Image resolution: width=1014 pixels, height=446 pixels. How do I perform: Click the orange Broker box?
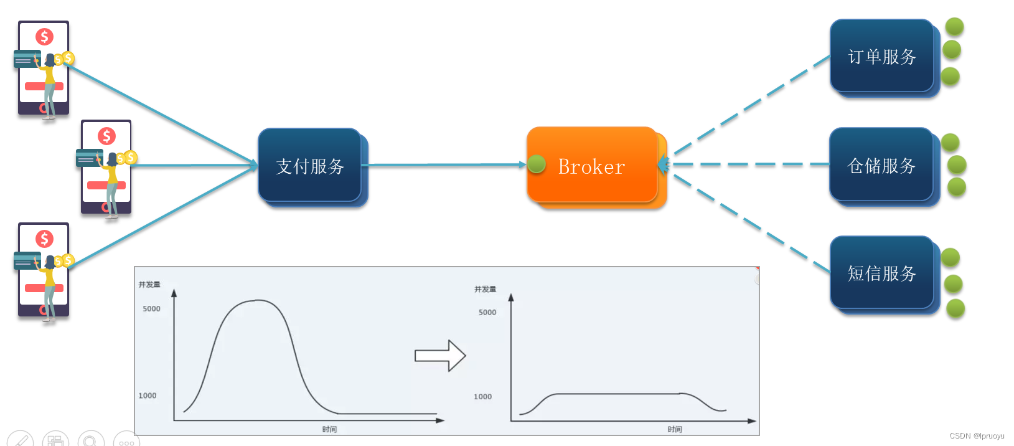click(591, 166)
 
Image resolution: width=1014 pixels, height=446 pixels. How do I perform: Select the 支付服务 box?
click(310, 166)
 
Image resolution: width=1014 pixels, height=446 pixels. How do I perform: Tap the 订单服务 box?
click(881, 57)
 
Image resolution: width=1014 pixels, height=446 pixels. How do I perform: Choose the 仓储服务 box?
click(881, 165)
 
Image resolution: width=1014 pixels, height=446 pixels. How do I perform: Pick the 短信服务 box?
click(881, 273)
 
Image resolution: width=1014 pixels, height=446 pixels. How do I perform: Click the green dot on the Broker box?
click(537, 164)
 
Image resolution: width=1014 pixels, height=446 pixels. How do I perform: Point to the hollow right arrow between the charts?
click(440, 356)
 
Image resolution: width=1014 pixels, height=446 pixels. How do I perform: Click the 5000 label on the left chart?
click(151, 309)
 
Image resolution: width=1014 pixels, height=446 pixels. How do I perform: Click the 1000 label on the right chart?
click(482, 397)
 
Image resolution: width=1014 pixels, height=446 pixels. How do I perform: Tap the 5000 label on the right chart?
click(487, 313)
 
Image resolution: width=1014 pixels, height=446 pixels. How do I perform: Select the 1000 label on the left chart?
click(148, 396)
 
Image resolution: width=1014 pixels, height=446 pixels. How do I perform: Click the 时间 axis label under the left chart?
click(329, 429)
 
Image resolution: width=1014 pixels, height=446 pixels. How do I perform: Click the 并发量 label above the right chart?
click(485, 290)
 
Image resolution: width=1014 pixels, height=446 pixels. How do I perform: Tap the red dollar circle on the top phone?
click(44, 37)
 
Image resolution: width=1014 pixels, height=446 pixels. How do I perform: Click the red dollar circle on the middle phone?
click(106, 136)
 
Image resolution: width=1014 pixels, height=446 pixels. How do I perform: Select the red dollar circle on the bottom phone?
click(44, 239)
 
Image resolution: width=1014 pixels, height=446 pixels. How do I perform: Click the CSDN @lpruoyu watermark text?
click(977, 436)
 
